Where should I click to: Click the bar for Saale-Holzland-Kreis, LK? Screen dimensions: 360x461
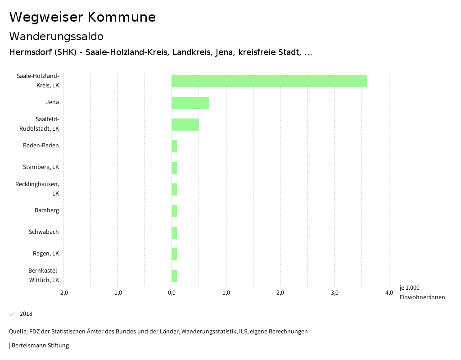tap(269, 81)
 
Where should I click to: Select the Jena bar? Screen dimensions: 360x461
tap(190, 103)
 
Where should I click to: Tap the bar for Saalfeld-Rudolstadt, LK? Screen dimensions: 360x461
tap(185, 124)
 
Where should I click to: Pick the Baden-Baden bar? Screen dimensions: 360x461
tap(174, 146)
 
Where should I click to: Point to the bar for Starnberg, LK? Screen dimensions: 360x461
tap(174, 168)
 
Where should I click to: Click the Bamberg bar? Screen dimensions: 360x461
tap(174, 211)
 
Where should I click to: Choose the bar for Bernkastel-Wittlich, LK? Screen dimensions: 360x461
tap(174, 276)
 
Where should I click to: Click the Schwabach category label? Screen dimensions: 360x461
tap(44, 232)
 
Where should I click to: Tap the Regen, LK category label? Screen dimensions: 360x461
tap(46, 254)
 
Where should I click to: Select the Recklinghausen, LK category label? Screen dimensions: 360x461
tap(37, 189)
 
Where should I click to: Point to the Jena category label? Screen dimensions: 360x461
tap(52, 102)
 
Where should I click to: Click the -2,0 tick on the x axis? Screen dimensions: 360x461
tap(63, 293)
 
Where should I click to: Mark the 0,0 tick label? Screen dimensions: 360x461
tap(172, 293)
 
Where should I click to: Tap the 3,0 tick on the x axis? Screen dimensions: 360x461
tap(334, 293)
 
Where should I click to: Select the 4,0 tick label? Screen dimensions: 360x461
tap(389, 293)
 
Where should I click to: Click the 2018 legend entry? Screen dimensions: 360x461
tap(26, 314)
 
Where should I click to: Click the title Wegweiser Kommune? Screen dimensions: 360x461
tap(82, 17)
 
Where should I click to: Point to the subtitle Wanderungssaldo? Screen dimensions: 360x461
tap(56, 36)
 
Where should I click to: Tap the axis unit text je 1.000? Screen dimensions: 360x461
tap(409, 288)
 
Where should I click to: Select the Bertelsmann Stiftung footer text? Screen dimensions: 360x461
tap(40, 346)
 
